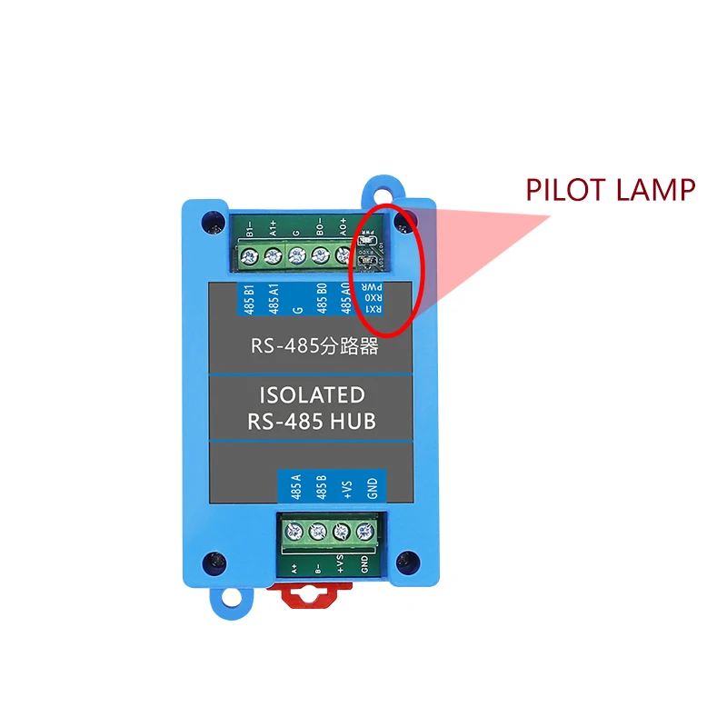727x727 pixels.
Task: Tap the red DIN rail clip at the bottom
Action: coord(310,596)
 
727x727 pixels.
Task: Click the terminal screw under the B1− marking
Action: coord(249,255)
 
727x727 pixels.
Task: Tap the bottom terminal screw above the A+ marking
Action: coord(294,531)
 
